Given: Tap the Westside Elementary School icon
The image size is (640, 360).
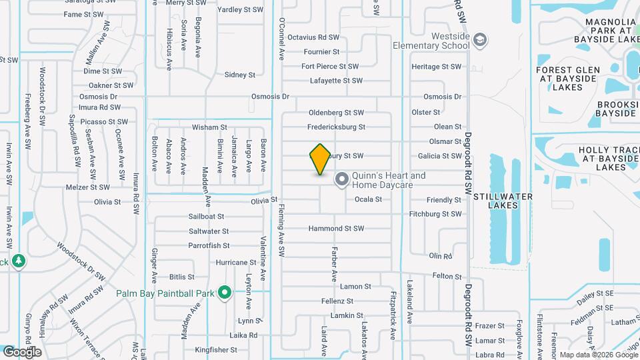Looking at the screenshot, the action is pos(479,41).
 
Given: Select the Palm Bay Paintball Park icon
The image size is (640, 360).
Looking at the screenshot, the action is pos(225,293).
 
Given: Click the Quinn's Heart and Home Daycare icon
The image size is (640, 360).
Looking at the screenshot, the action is pos(342,179).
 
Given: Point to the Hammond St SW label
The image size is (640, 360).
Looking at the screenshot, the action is pos(336,229).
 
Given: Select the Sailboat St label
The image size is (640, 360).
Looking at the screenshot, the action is pos(206,217).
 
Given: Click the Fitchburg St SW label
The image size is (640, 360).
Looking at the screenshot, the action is pos(435,214).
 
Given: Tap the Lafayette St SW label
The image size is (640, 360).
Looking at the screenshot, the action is pos(336,81).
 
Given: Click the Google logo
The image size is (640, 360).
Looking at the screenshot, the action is pos(22,351).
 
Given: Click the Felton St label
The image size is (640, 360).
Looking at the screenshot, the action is pos(447,276).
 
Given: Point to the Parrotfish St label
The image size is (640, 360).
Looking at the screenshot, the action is pos(209,246).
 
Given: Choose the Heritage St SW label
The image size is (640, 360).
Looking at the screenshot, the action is pos(436,67).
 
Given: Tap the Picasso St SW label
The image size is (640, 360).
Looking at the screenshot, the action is pos(103,122).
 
